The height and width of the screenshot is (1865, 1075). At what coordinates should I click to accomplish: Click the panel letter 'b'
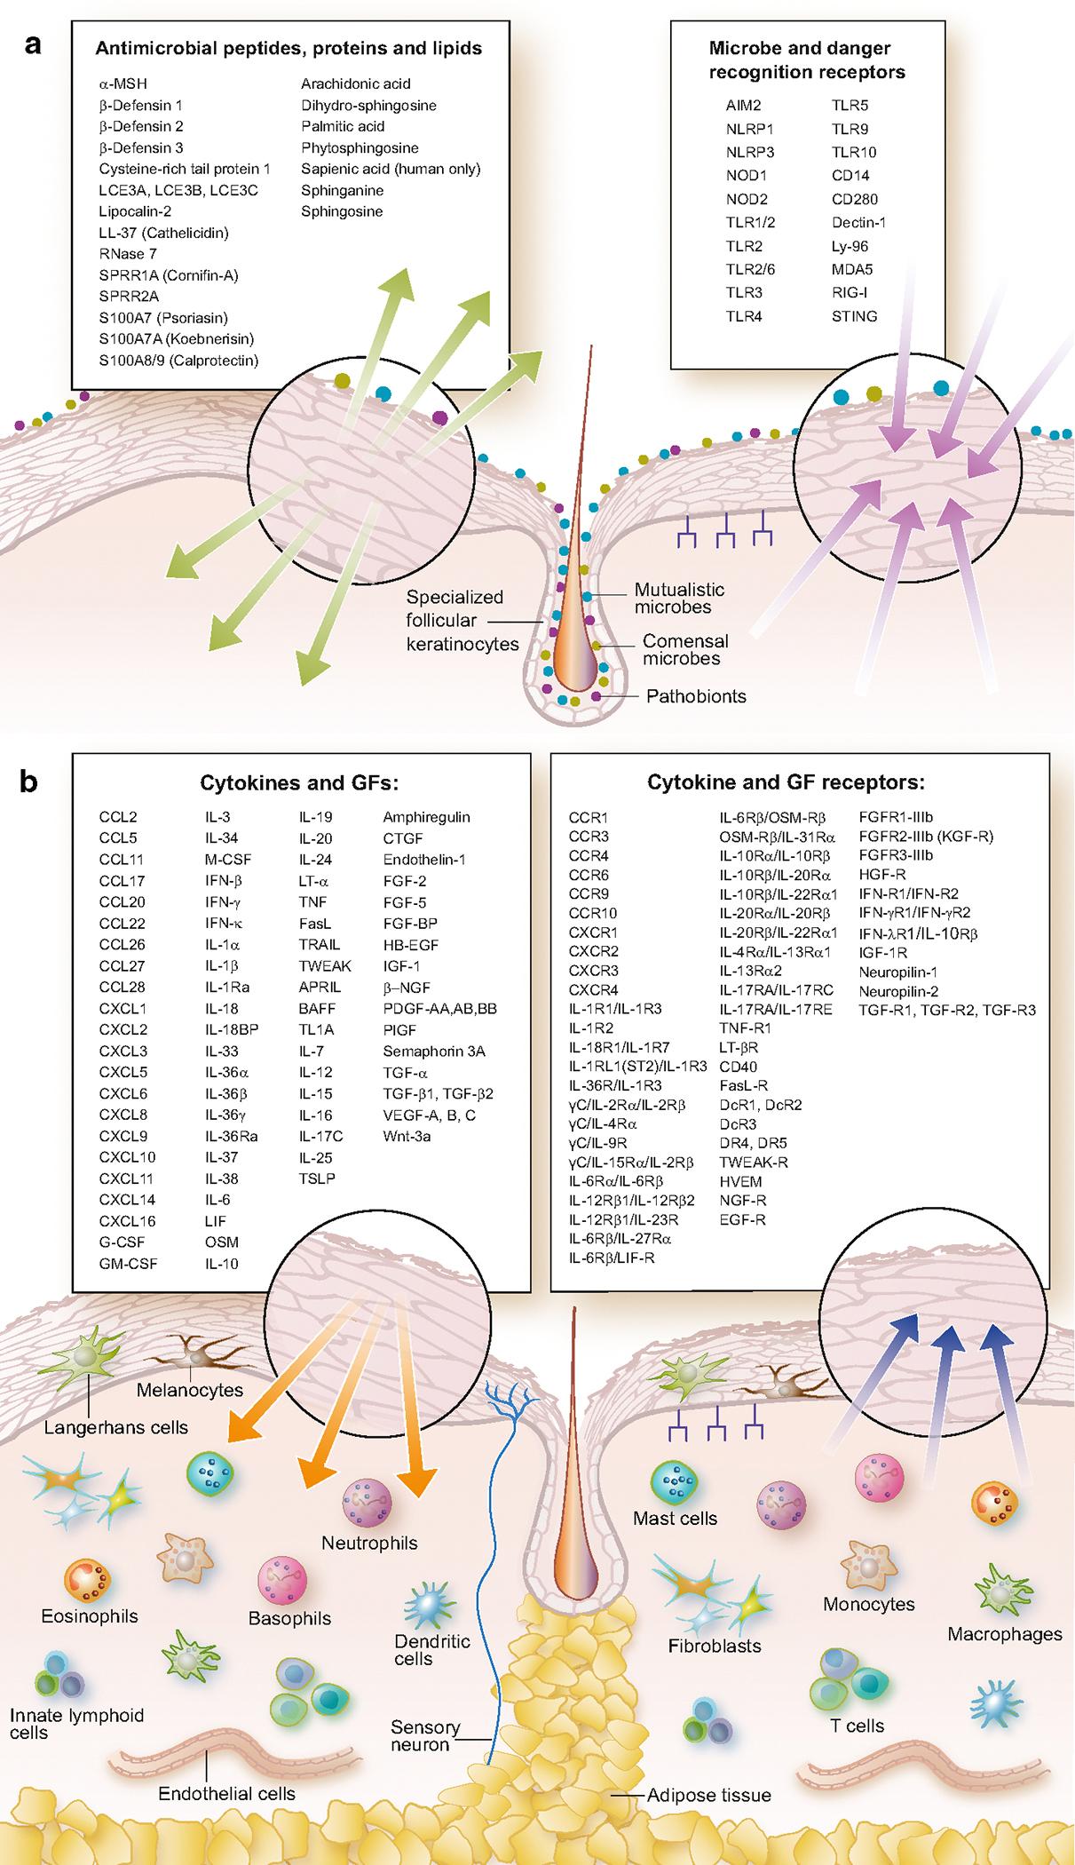click(29, 783)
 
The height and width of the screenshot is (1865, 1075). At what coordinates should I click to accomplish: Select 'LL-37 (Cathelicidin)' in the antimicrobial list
click(163, 233)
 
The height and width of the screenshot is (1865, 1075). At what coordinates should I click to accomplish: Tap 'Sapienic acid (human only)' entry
click(390, 169)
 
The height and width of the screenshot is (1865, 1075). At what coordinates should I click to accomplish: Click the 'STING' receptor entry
click(854, 316)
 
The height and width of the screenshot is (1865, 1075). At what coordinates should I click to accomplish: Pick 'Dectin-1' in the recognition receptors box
click(858, 223)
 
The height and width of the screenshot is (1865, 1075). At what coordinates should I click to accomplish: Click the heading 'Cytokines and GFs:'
click(299, 783)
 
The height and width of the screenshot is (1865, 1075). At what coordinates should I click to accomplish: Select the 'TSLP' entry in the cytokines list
click(317, 1179)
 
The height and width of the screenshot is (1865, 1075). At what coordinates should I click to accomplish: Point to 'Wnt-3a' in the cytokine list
click(407, 1136)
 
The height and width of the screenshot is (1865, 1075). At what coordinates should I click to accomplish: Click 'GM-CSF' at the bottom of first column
click(128, 1264)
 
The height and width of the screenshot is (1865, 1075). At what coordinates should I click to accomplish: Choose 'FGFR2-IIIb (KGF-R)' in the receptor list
click(925, 837)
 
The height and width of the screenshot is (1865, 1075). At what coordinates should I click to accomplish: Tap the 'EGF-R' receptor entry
click(742, 1220)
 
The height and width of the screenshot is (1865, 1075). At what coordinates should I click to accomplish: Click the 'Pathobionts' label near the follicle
click(696, 696)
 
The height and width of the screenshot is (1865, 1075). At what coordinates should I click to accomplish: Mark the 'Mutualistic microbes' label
click(679, 599)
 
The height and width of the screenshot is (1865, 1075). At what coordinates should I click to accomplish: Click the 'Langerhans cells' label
click(116, 1428)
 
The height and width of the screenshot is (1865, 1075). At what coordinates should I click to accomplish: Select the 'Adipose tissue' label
click(708, 1795)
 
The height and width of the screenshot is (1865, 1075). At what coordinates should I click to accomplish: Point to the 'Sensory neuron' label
click(425, 1736)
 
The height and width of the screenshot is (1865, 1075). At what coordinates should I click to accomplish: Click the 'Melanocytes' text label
click(189, 1391)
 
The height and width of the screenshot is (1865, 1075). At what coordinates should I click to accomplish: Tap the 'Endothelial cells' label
click(226, 1794)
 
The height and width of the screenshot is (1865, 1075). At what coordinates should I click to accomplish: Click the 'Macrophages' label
click(1004, 1634)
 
